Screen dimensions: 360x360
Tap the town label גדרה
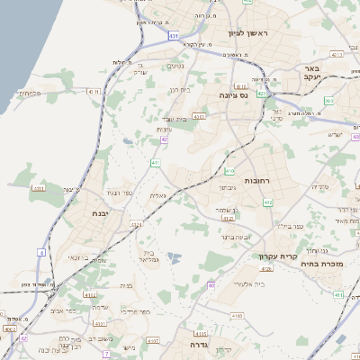(199, 344)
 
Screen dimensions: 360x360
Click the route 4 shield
(40, 253)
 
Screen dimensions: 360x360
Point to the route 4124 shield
(136, 224)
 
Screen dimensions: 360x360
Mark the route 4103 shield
(238, 316)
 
